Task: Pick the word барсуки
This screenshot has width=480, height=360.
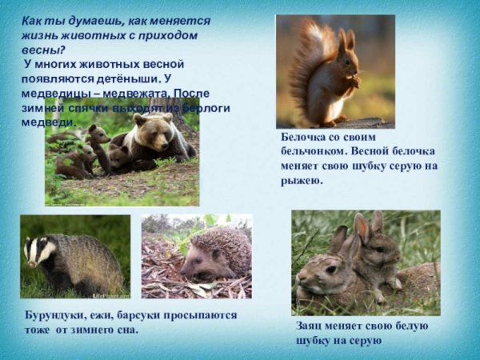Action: (x=145, y=315)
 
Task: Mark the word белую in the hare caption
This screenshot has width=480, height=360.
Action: (x=408, y=326)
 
